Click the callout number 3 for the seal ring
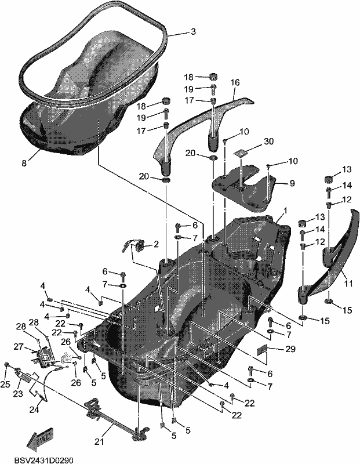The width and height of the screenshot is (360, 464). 193,32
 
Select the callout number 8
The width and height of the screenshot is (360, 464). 24,162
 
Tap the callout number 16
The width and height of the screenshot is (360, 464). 235,82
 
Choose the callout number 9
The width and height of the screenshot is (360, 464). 292,183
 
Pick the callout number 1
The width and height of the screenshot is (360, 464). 285,211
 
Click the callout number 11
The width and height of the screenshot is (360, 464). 348,284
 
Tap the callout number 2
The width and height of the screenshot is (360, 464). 156,244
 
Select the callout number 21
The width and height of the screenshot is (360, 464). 99,442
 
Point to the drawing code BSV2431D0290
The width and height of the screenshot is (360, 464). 43,461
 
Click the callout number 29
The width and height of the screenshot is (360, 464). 290,349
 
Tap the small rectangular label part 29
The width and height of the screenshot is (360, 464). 261,350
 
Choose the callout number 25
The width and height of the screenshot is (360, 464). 5,384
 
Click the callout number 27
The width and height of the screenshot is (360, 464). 19,346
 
